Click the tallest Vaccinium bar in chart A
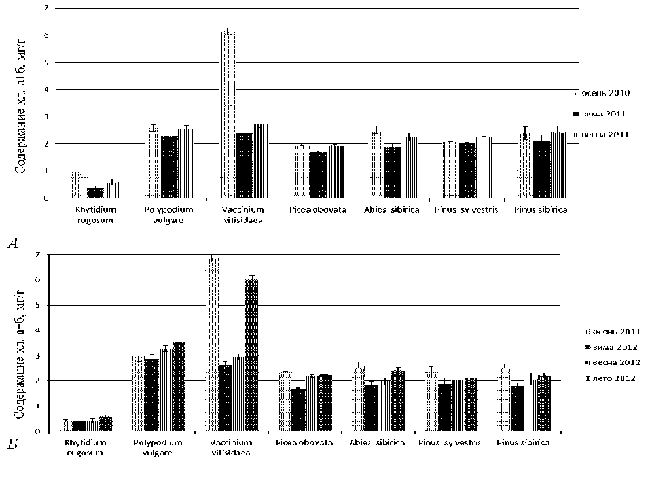[x=228, y=115]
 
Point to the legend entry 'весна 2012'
[x=613, y=362]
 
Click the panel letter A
[x=12, y=243]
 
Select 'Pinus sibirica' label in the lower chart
[x=522, y=443]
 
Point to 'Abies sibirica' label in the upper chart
[x=390, y=209]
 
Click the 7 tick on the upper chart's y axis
[x=46, y=9]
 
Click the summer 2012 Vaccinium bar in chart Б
[x=251, y=355]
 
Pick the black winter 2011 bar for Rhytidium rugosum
[x=96, y=192]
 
